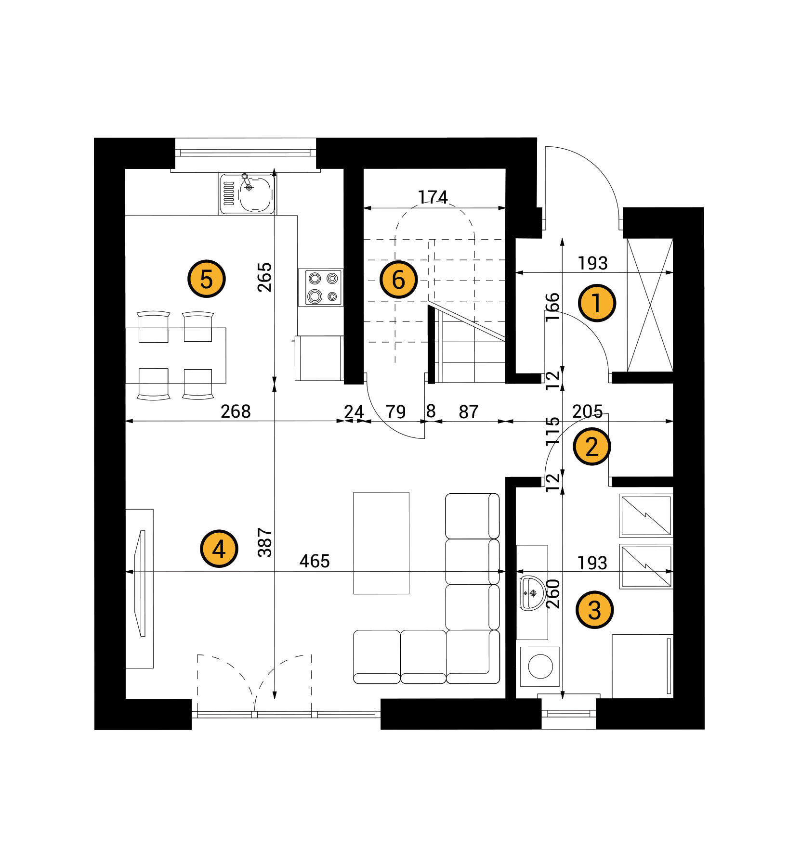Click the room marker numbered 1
click(596, 303)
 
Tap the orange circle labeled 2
click(591, 447)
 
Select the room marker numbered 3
click(594, 610)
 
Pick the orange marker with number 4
click(219, 549)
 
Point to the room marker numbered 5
click(206, 279)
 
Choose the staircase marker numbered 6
click(398, 280)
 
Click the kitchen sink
click(248, 193)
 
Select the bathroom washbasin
click(532, 593)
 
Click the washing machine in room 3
click(540, 667)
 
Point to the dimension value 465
click(315, 561)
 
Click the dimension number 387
click(265, 542)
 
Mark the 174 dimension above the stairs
click(433, 197)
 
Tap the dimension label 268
click(236, 411)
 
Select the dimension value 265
click(264, 277)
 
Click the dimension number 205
click(588, 411)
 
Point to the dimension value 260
click(553, 594)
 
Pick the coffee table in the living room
click(381, 543)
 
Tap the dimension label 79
click(395, 412)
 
